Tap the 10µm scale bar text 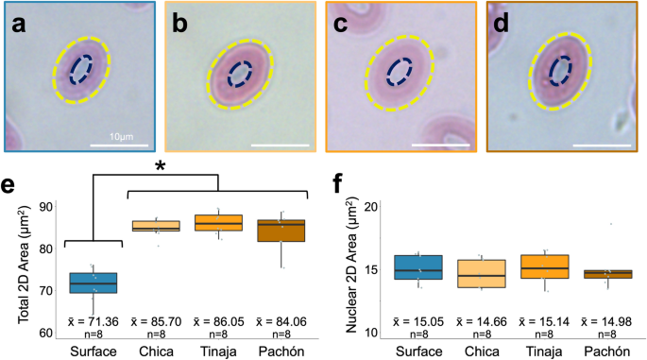tap(119, 138)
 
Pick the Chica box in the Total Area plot tap(157, 227)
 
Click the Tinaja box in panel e tap(219, 223)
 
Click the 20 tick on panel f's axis tap(372, 206)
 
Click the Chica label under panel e tap(157, 350)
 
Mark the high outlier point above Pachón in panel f tap(612, 224)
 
